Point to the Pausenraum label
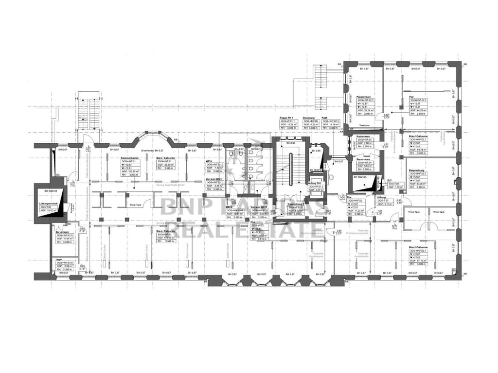364,96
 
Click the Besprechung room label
418,171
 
